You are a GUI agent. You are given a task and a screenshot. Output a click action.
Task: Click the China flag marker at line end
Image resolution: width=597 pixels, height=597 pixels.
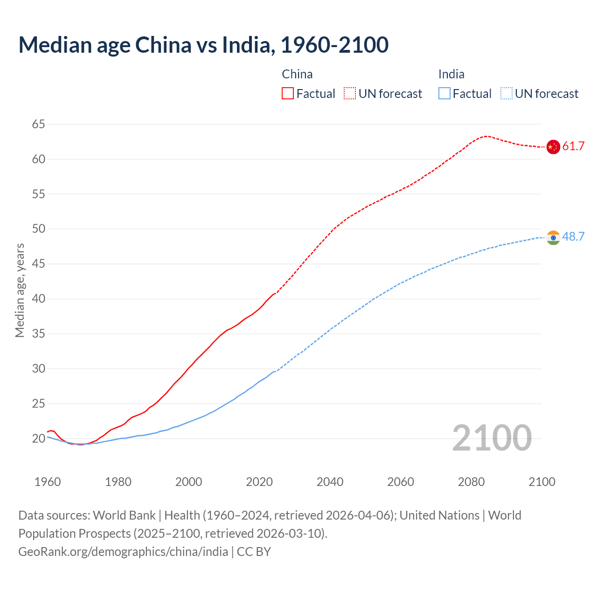point(553,147)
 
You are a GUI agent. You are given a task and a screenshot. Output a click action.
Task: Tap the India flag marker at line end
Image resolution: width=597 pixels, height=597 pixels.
point(553,237)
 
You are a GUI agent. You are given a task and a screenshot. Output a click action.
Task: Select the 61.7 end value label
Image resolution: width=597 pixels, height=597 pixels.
point(573,146)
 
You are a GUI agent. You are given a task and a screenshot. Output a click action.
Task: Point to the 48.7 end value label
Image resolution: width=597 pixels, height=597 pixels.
point(573,237)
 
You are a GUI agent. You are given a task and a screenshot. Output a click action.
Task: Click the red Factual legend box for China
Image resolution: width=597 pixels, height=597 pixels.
point(288,94)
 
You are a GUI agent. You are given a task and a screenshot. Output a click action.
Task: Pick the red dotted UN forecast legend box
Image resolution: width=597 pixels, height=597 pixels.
point(350,94)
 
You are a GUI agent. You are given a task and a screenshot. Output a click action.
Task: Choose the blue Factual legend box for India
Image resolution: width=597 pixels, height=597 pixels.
point(444,94)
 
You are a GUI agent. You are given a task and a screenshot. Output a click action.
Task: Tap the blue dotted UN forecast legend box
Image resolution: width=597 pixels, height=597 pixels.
point(506,94)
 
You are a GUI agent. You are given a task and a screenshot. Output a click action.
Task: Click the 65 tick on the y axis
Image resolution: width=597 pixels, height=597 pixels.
point(39,124)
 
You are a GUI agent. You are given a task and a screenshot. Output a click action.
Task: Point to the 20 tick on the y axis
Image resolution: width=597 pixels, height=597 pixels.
point(39,438)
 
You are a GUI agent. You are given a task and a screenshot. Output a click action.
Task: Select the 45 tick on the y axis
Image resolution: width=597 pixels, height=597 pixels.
point(39,264)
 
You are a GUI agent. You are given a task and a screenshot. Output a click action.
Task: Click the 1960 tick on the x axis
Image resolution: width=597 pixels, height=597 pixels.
point(48,482)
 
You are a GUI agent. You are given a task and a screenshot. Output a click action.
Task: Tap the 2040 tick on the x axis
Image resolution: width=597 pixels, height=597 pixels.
point(330,482)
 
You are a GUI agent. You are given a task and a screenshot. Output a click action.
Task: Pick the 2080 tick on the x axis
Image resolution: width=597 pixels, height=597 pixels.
point(471,482)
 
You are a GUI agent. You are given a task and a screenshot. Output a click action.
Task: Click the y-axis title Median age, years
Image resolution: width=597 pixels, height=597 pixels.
point(20,290)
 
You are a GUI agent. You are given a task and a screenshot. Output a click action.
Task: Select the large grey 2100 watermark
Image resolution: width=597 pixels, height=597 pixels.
point(492,438)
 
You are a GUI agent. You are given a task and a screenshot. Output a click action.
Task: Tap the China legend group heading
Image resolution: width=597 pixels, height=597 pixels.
point(297,74)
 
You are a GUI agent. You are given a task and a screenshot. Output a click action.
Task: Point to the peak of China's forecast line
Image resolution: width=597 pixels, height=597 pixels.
point(486,136)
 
